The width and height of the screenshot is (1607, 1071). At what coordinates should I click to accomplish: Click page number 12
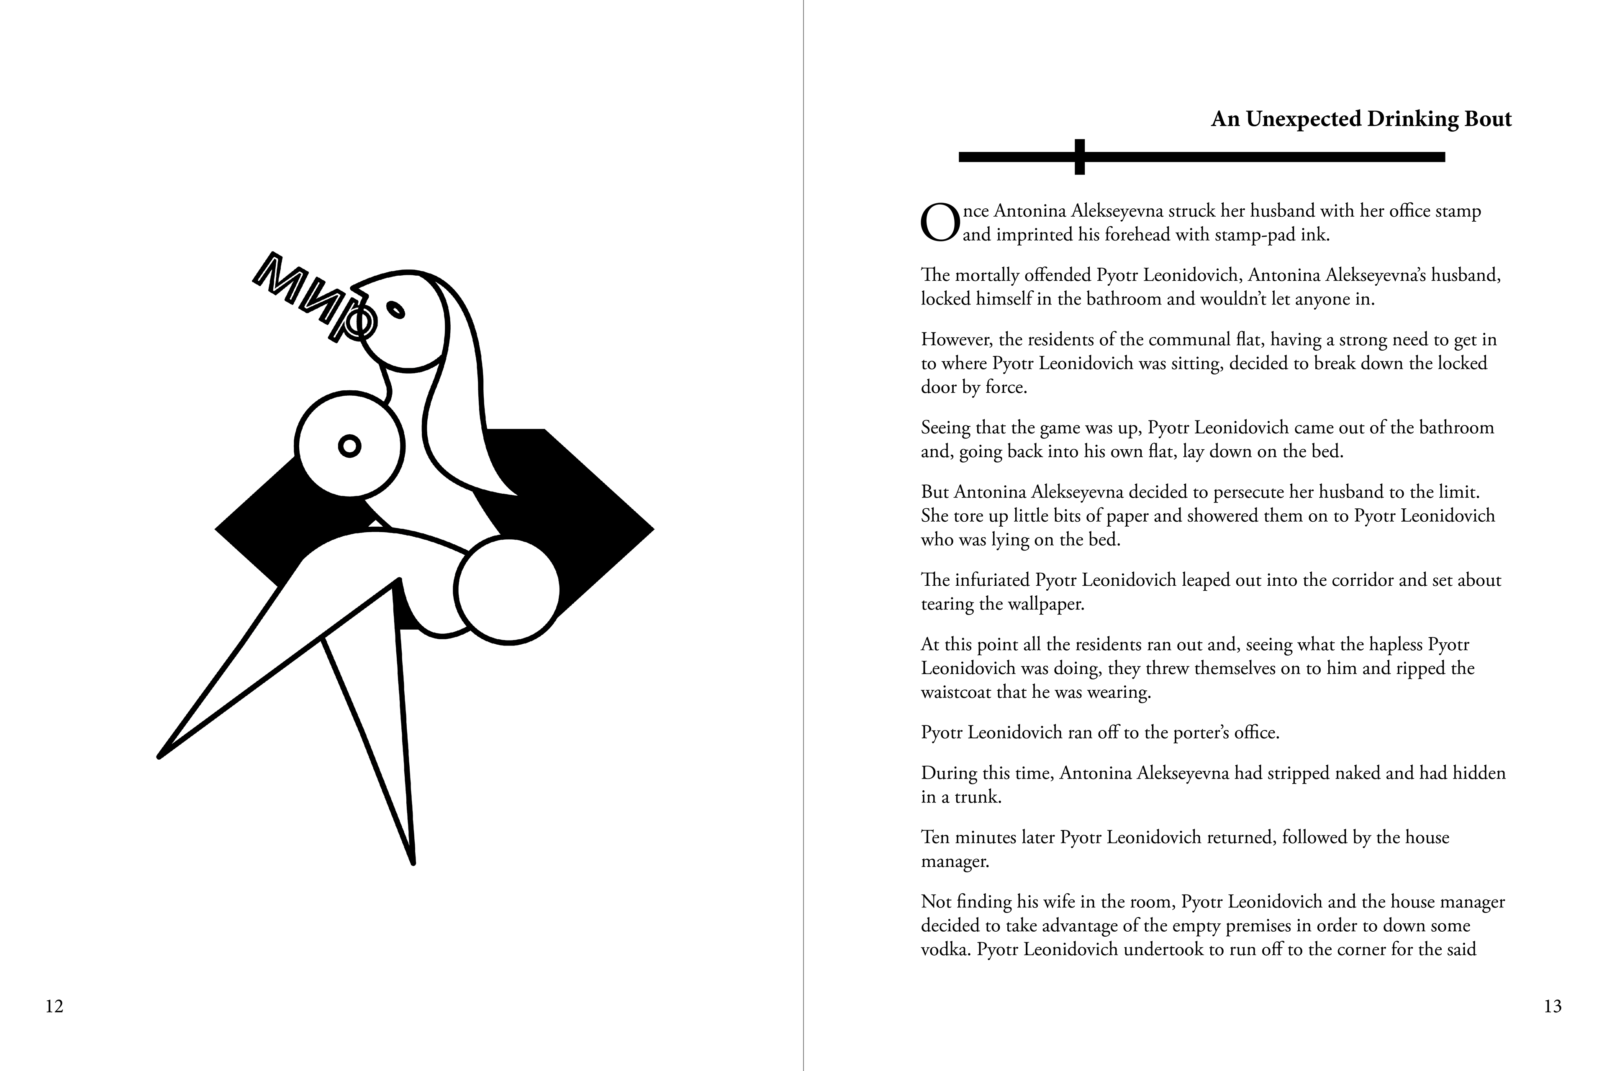tap(54, 1006)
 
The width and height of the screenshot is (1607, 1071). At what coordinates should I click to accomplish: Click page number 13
tap(1552, 1006)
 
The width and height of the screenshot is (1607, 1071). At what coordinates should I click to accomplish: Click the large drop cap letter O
tap(940, 223)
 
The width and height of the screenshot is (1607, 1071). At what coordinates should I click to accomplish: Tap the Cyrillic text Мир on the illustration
tap(314, 297)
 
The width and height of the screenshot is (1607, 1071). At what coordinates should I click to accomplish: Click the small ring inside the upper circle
tap(350, 447)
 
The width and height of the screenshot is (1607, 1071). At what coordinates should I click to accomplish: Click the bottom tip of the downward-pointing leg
tap(413, 862)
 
